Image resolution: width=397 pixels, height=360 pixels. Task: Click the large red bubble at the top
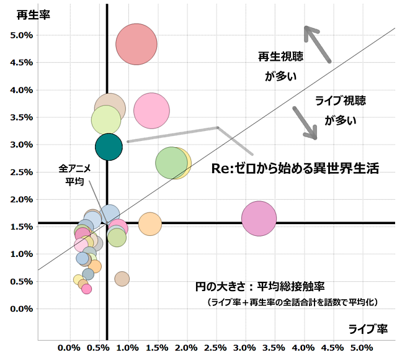(136, 43)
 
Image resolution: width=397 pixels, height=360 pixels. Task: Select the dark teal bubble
(109, 146)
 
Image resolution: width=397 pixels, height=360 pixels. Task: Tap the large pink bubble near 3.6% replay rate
(151, 110)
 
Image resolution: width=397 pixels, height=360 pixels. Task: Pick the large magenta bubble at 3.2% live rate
(259, 218)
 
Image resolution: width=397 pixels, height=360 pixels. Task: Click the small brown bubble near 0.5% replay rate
(122, 279)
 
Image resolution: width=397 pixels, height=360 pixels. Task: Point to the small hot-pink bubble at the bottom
(87, 289)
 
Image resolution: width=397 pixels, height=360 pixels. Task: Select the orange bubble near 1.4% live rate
(150, 223)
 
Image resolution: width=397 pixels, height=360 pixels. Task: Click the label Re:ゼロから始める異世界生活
(295, 168)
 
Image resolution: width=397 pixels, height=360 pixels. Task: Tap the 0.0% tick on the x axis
(69, 346)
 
